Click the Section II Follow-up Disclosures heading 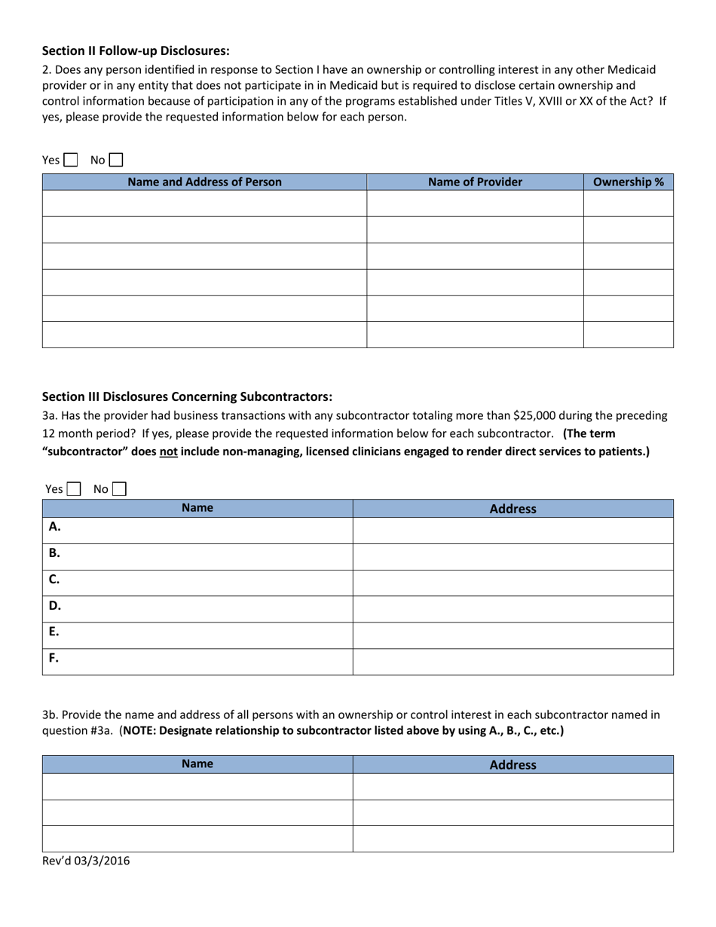pos(136,50)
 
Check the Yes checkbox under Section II pos(71,160)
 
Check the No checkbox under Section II pos(116,160)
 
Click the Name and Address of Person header pos(204,182)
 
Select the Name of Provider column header pos(475,182)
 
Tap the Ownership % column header pos(629,182)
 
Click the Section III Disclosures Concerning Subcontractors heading pos(187,396)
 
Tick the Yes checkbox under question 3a pos(74,489)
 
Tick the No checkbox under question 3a pos(119,489)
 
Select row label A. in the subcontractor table pos(55,527)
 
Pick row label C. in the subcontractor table pos(54,580)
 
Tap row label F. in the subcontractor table pos(54,658)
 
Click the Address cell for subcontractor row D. pos(513,609)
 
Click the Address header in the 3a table pos(513,509)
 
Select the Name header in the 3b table pos(197,764)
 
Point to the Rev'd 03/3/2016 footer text pos(86,861)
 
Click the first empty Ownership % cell pos(629,203)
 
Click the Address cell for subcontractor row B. pos(513,556)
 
